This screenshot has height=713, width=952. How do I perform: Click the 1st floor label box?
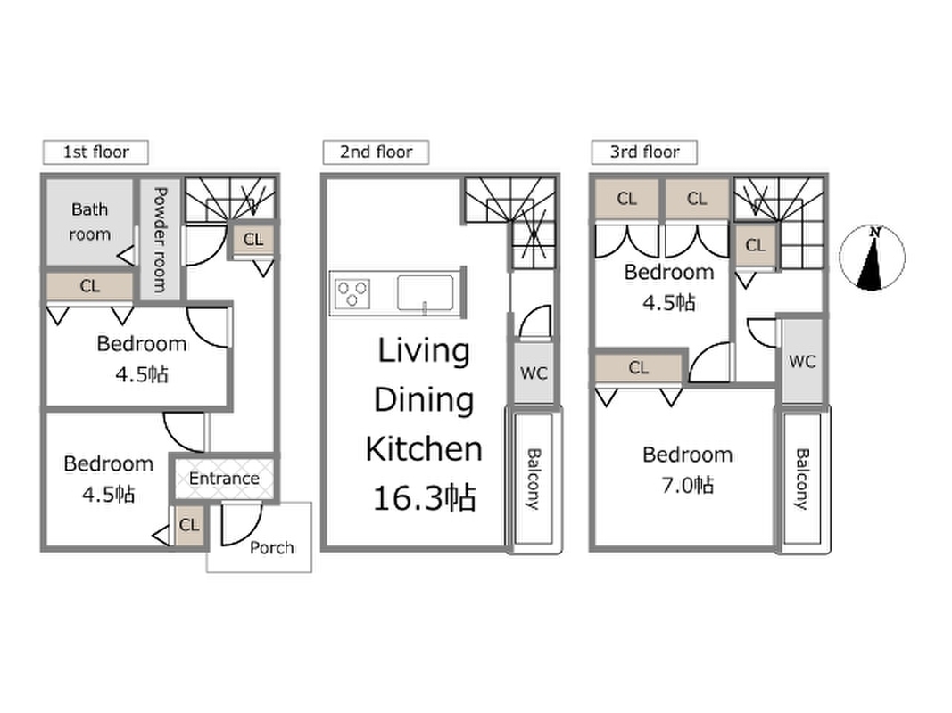pyautogui.click(x=95, y=152)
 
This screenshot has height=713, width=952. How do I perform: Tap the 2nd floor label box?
pyautogui.click(x=376, y=152)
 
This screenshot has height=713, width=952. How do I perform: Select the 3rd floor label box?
pyautogui.click(x=644, y=152)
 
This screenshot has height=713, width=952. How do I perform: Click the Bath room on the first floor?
pyautogui.click(x=90, y=222)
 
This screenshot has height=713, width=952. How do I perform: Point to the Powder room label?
pyautogui.click(x=160, y=240)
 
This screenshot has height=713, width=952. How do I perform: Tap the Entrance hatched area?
pyautogui.click(x=224, y=479)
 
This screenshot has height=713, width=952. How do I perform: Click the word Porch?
pyautogui.click(x=271, y=548)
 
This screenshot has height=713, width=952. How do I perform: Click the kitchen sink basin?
pyautogui.click(x=425, y=293)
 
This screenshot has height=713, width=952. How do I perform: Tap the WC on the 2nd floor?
pyautogui.click(x=534, y=373)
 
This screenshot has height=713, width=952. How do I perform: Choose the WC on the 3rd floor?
pyautogui.click(x=802, y=361)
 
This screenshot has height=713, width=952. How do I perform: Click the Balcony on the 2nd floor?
pyautogui.click(x=533, y=479)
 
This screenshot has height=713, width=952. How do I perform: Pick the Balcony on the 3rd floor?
pyautogui.click(x=802, y=479)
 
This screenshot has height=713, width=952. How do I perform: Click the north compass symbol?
pyautogui.click(x=872, y=257)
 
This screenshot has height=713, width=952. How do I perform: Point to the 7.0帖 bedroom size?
pyautogui.click(x=687, y=485)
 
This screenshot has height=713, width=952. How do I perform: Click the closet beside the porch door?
pyautogui.click(x=189, y=524)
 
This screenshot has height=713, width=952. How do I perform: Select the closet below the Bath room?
pyautogui.click(x=90, y=285)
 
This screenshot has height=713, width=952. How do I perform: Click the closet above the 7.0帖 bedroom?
pyautogui.click(x=639, y=367)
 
